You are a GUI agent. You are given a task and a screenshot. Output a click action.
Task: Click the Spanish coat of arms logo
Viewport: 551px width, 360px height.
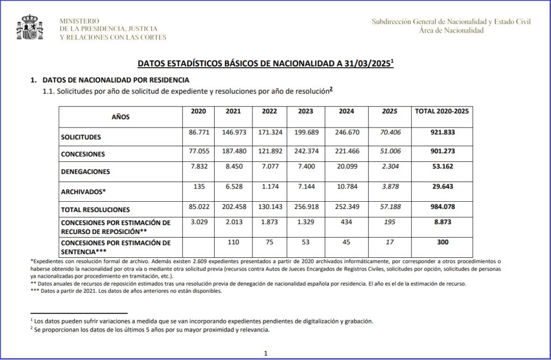tap(31, 29)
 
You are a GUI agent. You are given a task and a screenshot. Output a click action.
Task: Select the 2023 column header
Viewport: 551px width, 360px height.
tap(305, 111)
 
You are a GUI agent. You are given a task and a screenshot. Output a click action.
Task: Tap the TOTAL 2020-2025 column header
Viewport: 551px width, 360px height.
tap(442, 111)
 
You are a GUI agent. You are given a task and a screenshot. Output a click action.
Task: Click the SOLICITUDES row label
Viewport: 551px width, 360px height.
tap(81, 137)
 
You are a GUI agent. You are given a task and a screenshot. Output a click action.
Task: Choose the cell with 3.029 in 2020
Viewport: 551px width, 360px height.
tap(199, 221)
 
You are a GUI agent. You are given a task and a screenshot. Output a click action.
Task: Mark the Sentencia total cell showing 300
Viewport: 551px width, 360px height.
tap(442, 242)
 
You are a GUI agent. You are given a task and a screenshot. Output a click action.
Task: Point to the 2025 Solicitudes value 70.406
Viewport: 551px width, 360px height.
tap(389, 131)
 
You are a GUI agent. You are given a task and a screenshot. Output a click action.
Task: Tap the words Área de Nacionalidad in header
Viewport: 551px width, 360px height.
tap(451, 30)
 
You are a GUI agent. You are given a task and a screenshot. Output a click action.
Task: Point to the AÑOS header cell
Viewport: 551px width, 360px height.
tap(121, 116)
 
